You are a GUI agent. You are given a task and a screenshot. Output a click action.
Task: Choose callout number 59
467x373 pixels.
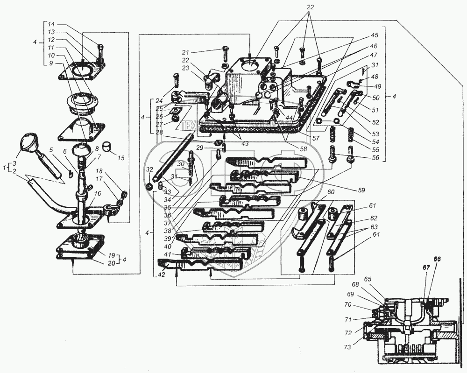click(361, 190)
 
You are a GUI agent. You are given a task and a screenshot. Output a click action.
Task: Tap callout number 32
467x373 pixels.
click(149, 169)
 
